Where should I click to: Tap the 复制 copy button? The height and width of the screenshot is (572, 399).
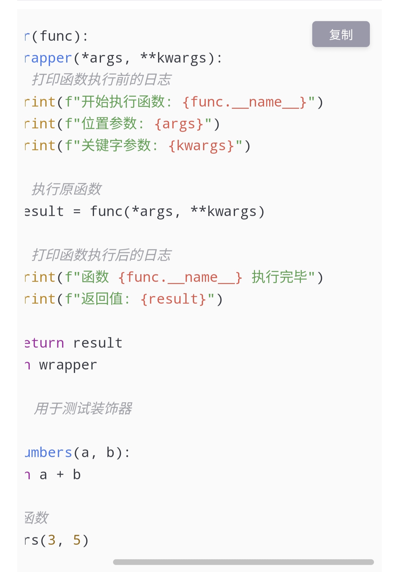click(x=341, y=34)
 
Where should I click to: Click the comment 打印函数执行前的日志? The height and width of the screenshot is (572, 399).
click(x=101, y=79)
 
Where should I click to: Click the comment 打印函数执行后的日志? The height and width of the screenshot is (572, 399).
click(x=101, y=255)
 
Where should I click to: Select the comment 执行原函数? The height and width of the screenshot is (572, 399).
click(x=66, y=189)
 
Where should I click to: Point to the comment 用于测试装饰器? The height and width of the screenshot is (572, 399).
click(x=83, y=408)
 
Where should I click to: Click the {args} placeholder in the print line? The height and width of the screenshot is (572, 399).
click(x=179, y=124)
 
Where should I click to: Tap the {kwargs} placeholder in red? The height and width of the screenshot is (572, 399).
click(x=201, y=146)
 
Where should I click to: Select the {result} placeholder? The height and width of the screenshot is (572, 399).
click(x=174, y=299)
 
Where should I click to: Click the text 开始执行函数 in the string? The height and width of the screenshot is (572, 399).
click(x=123, y=102)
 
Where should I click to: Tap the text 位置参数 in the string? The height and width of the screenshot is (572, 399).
click(x=109, y=124)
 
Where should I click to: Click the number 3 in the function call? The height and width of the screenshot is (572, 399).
click(x=52, y=540)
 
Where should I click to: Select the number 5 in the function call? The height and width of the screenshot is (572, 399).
click(x=77, y=540)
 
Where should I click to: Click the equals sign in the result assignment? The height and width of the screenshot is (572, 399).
click(x=77, y=212)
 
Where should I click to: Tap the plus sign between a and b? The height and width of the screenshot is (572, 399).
click(x=60, y=475)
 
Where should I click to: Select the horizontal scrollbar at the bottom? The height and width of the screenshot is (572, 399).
click(x=243, y=562)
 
